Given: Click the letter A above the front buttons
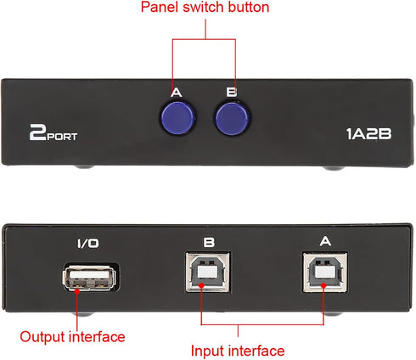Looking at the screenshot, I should click(176, 93).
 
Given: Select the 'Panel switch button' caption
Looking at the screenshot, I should click(205, 8).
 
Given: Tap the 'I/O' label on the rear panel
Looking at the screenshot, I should click(87, 243).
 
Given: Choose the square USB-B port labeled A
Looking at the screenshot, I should click(326, 278).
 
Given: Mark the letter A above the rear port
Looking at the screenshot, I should click(326, 242).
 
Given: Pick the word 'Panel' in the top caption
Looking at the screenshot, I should click(159, 8).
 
